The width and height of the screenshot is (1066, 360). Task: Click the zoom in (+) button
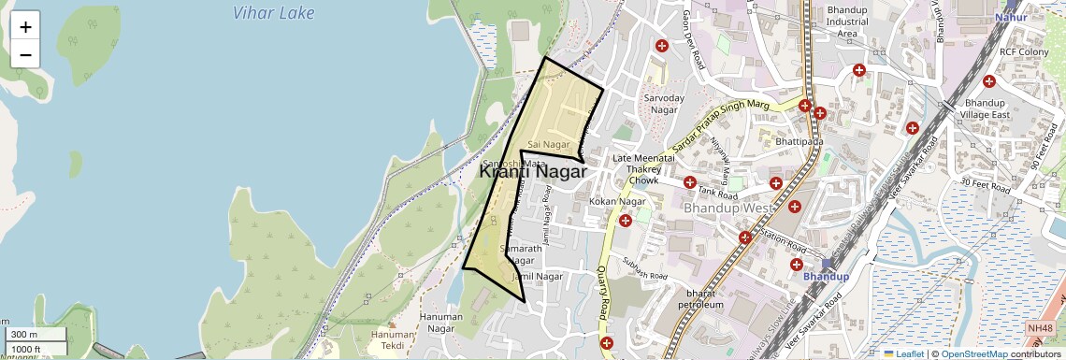pos(25,27)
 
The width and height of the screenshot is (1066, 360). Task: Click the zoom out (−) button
pos(25,54)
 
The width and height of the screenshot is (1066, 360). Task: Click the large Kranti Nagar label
pos(532,172)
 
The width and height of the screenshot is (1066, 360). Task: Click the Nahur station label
pos(1011,17)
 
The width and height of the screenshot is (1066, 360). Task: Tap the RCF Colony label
pos(1025,52)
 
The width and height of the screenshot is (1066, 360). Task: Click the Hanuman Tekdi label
pos(392,340)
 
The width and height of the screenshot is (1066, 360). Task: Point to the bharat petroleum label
pos(698,298)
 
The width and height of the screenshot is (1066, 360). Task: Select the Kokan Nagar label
pos(618,201)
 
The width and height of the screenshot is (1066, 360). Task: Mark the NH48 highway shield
pos(1039,328)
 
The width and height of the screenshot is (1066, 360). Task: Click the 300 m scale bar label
pos(24,335)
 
